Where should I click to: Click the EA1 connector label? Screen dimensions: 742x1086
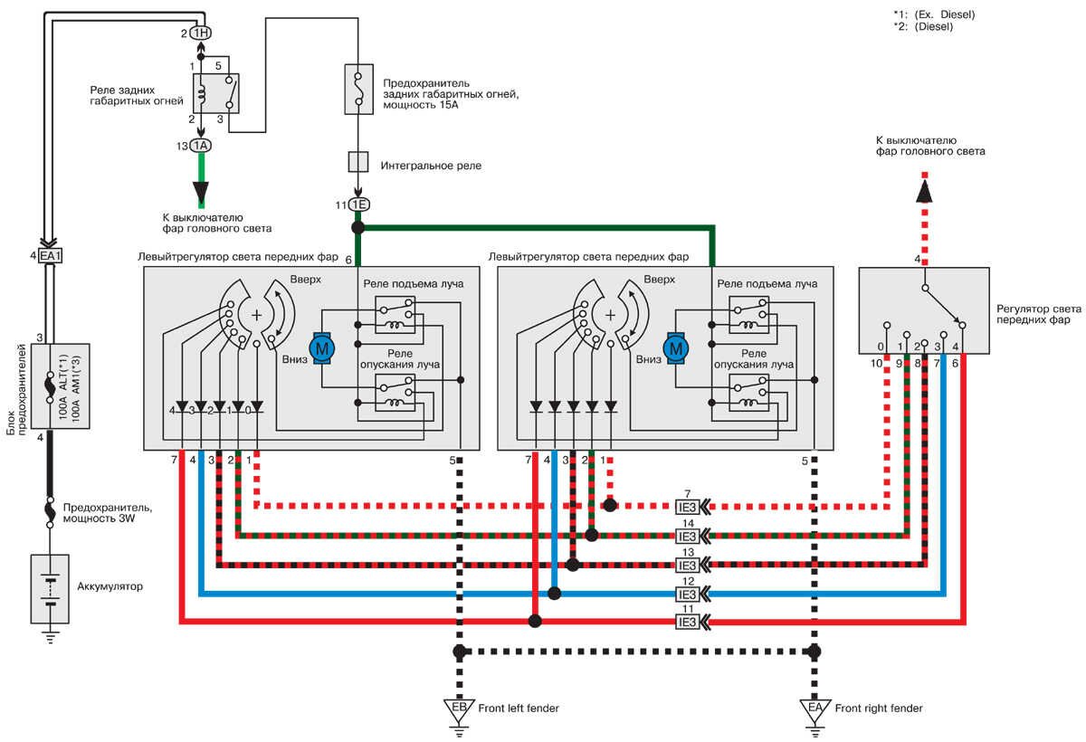(x=51, y=256)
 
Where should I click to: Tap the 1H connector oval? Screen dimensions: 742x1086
(x=199, y=33)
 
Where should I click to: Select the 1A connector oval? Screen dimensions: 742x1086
(x=199, y=146)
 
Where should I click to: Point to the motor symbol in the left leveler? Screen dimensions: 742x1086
(x=322, y=347)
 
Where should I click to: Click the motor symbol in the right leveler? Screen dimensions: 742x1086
(x=675, y=347)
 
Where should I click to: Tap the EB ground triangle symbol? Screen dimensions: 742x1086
(x=460, y=707)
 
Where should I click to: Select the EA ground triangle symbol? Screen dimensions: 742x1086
(x=814, y=707)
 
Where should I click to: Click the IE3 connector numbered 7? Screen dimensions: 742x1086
(x=688, y=506)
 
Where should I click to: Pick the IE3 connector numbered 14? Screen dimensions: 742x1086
(x=688, y=535)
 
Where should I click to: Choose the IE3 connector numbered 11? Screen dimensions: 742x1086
(x=688, y=622)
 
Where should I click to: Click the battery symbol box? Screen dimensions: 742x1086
(x=50, y=589)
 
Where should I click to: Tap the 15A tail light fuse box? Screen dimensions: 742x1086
(x=358, y=89)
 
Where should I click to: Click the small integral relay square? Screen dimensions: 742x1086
(x=358, y=162)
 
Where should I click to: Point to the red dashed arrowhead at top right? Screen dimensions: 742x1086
(x=923, y=191)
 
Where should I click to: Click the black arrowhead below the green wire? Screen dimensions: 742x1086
(x=200, y=195)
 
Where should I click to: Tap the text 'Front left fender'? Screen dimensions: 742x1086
(x=519, y=709)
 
